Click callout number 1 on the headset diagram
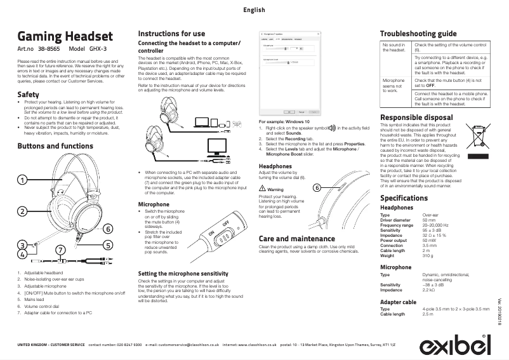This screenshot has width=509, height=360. click(22, 180)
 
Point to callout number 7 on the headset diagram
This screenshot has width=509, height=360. click(60, 250)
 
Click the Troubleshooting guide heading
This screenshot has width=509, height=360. click(418, 33)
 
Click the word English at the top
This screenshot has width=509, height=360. click(254, 10)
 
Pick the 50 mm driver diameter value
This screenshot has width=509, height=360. click(429, 220)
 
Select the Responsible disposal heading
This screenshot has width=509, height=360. click(416, 117)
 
